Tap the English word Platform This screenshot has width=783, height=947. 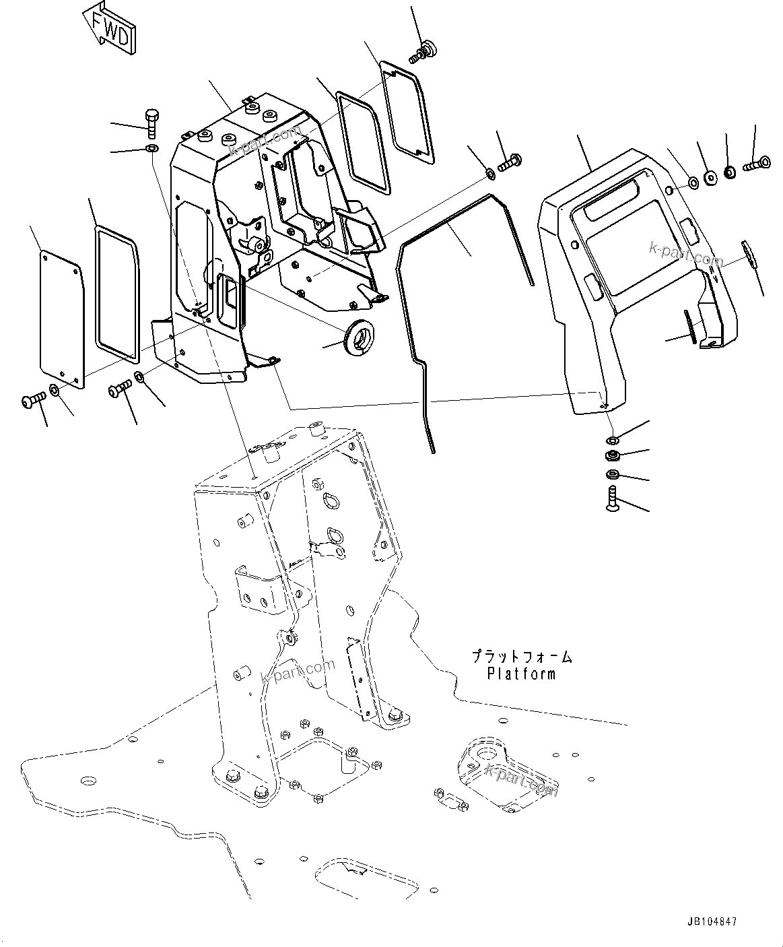click(x=522, y=673)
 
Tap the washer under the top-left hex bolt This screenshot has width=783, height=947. click(x=151, y=148)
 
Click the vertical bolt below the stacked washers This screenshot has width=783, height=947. click(x=613, y=499)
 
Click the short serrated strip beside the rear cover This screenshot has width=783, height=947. click(x=689, y=327)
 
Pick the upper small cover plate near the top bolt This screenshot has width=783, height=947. click(x=407, y=111)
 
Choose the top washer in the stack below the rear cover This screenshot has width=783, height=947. click(x=613, y=440)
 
